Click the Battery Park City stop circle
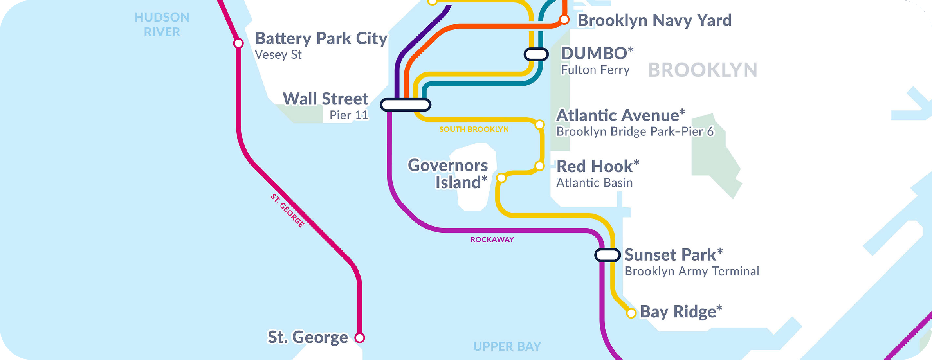238,43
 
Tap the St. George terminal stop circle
360,338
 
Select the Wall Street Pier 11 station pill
406,105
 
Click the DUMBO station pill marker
536,54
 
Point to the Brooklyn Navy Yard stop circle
564,20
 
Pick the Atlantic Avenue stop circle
539,125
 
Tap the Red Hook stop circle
539,166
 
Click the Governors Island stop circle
501,178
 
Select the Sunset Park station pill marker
607,255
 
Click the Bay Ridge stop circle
631,313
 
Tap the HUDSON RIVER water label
162,25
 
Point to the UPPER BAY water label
507,346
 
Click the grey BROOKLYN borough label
703,70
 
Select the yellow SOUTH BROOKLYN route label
474,130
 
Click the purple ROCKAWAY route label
492,239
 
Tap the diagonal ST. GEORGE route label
287,211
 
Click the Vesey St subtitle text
278,55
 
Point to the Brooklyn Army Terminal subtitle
691,271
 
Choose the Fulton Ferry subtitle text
595,70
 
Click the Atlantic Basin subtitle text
594,183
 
